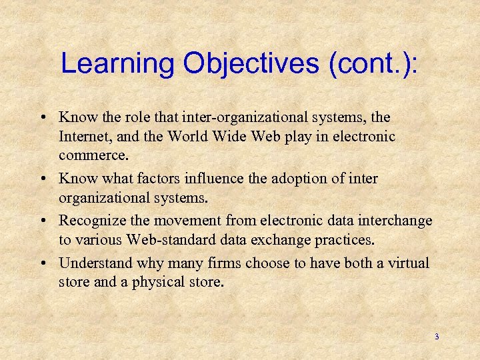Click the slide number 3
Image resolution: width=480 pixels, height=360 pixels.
pyautogui.click(x=437, y=337)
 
